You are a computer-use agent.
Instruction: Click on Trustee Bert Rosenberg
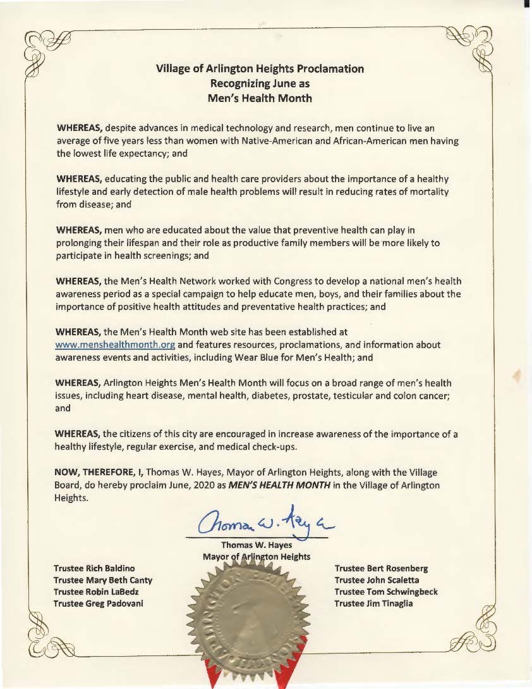381,569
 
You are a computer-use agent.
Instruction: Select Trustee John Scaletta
377,580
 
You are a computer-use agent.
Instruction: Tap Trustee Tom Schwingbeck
386,592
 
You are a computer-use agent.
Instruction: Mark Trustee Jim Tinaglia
374,603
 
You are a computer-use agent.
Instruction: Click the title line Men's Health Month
260,98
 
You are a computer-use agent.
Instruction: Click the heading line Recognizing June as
260,83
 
